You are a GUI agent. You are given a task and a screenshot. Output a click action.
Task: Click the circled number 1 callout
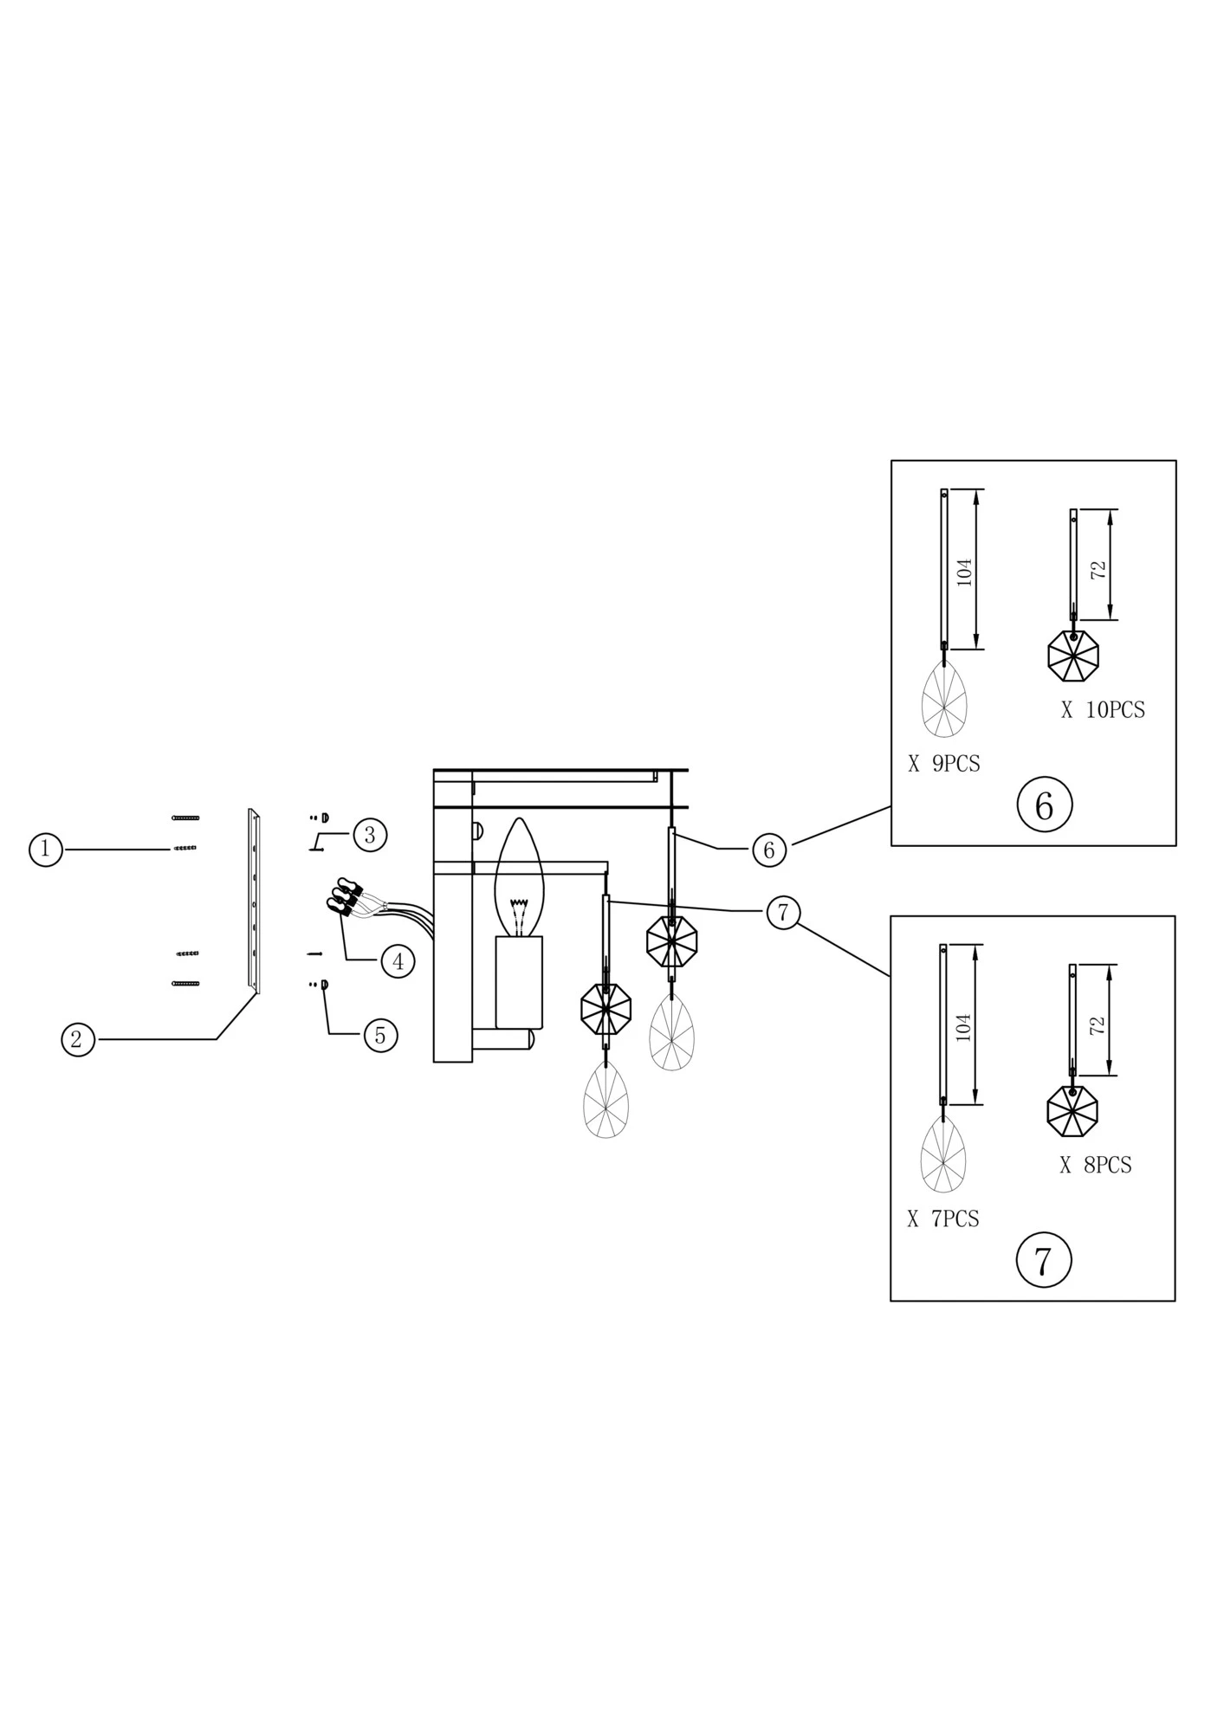click(x=45, y=849)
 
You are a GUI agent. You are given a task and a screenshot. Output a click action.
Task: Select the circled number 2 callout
click(x=77, y=1038)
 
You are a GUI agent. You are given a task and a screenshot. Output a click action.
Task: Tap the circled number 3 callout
click(x=370, y=835)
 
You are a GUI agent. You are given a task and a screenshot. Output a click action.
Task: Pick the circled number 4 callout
click(x=398, y=961)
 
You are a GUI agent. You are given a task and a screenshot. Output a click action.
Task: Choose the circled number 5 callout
click(x=380, y=1035)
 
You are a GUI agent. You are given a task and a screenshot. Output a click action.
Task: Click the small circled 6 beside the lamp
click(x=768, y=850)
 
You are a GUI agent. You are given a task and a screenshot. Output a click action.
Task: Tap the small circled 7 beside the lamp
click(x=783, y=913)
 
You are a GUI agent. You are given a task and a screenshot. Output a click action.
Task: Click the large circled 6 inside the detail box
click(x=1044, y=805)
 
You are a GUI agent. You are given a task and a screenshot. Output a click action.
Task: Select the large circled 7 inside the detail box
click(x=1043, y=1260)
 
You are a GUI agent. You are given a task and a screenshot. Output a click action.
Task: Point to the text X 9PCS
click(x=943, y=764)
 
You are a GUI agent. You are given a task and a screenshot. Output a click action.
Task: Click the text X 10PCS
click(x=1103, y=710)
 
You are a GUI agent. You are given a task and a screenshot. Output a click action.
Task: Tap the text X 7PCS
click(x=942, y=1219)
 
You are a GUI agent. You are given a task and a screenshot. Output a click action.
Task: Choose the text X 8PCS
click(x=1095, y=1166)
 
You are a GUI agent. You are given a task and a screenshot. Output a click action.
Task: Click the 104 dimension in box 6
click(x=964, y=572)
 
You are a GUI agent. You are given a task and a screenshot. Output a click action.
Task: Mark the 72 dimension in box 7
click(x=1097, y=1026)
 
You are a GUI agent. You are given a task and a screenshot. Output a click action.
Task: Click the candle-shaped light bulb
click(x=518, y=879)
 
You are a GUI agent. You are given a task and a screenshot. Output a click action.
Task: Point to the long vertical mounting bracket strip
click(x=254, y=901)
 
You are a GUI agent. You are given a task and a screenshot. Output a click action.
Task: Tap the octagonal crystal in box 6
click(x=1072, y=656)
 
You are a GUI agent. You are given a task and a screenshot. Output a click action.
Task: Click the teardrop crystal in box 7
click(x=942, y=1154)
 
